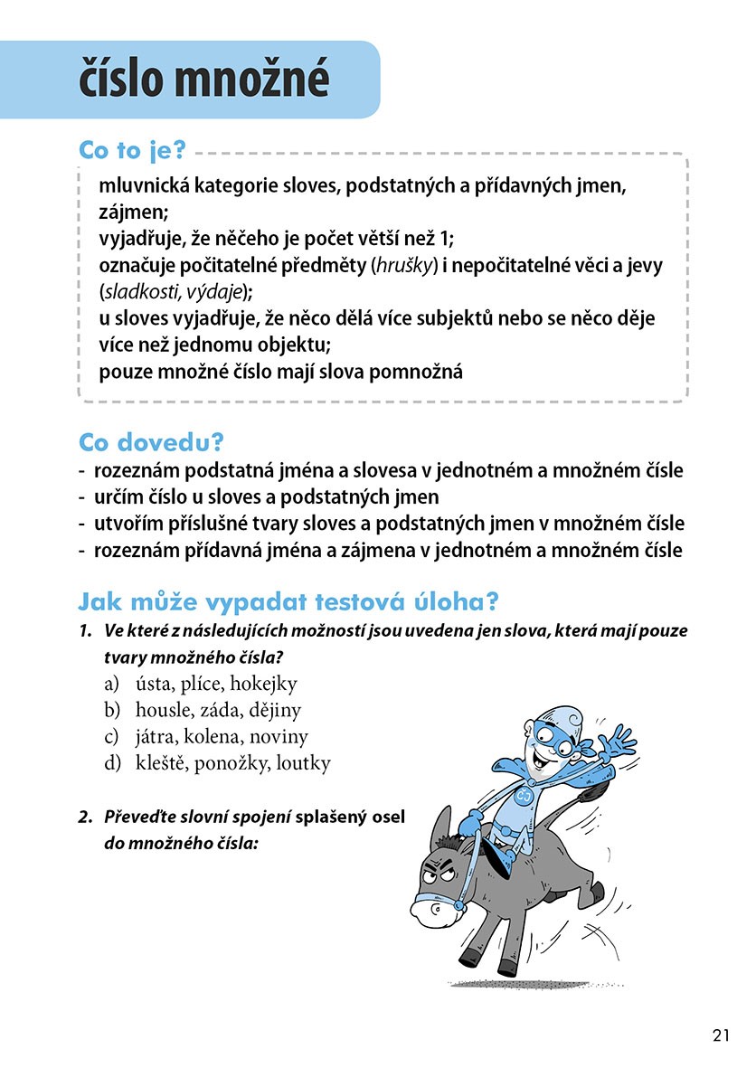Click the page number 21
coord(721,1036)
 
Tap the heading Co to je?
coord(132,151)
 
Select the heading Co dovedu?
coord(151,443)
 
